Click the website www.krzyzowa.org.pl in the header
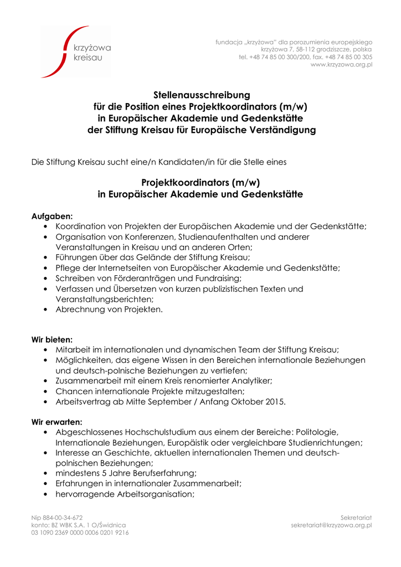point(341,65)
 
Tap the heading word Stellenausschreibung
point(202,95)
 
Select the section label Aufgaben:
point(52,217)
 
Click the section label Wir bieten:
point(52,339)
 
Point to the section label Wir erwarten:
point(57,422)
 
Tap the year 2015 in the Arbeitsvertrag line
point(275,402)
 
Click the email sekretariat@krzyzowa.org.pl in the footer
point(331,525)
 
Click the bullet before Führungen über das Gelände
point(45,258)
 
